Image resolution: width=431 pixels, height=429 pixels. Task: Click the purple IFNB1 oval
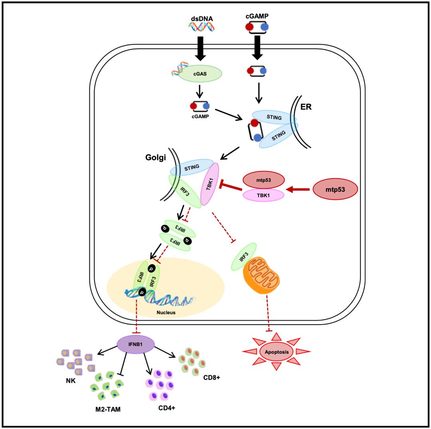pyautogui.click(x=136, y=343)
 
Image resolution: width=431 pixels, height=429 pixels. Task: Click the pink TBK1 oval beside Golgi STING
pyautogui.click(x=210, y=184)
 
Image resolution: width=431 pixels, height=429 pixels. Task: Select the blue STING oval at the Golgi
pyautogui.click(x=192, y=167)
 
